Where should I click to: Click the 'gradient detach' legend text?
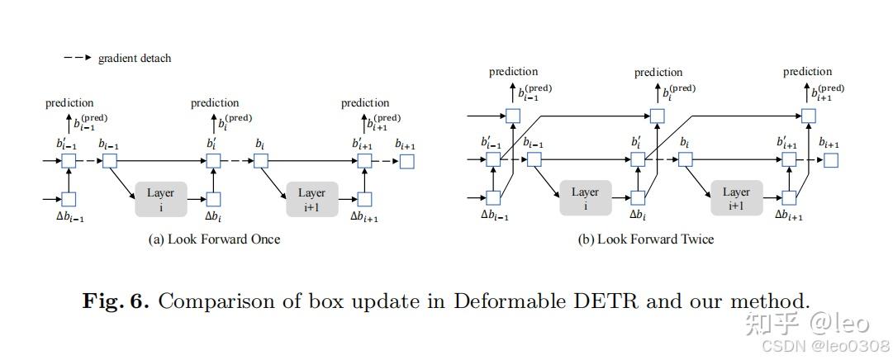pos(135,58)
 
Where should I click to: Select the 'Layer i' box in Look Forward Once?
pos(160,199)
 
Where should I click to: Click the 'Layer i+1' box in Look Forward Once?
pos(311,199)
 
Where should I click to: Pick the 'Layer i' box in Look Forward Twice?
pos(585,197)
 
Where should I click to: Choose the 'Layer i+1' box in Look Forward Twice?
pos(736,197)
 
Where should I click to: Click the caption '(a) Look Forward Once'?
pos(214,239)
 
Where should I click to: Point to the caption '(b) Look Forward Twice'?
pos(646,239)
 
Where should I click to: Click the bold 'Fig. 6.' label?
pos(116,301)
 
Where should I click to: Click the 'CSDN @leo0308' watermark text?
pos(826,345)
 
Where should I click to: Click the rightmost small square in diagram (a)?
pos(406,162)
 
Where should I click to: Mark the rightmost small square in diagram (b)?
pos(831,160)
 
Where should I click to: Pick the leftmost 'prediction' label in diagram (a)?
pos(69,103)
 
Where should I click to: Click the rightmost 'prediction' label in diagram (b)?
pos(808,72)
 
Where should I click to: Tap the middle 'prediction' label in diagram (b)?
pos(658,73)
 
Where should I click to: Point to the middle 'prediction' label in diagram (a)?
pos(215,103)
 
